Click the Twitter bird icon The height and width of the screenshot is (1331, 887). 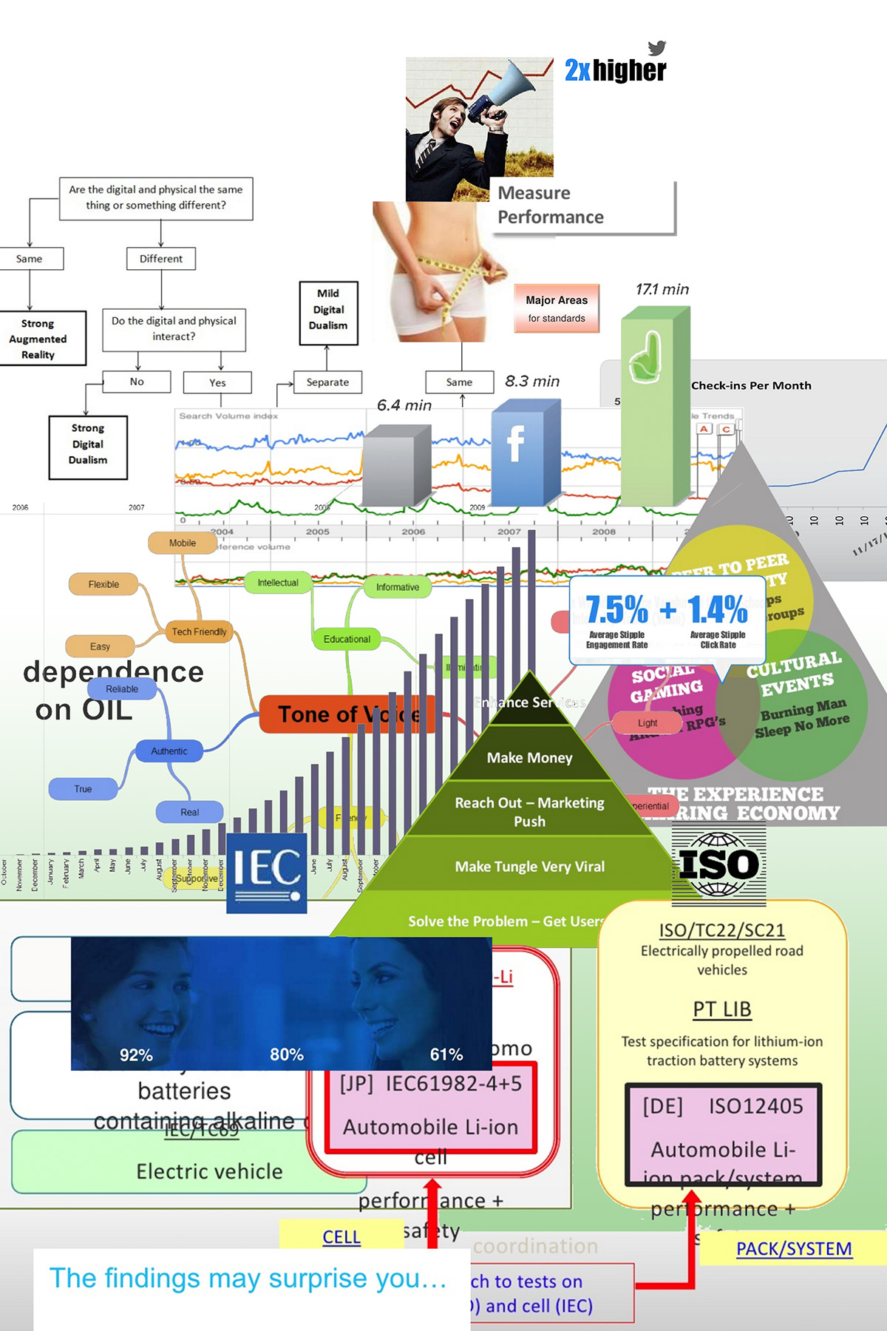[x=656, y=48]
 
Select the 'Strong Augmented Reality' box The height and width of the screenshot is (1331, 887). [x=38, y=339]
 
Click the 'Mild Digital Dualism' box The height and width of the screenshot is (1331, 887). [x=328, y=310]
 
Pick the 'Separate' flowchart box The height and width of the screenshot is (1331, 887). [x=327, y=382]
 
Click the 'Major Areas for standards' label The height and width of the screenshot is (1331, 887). [x=557, y=309]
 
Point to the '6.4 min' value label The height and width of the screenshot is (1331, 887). [x=404, y=405]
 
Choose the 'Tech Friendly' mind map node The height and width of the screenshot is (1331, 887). [x=199, y=631]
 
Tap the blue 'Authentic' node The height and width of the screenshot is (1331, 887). [x=169, y=751]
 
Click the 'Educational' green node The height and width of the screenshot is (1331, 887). [x=347, y=639]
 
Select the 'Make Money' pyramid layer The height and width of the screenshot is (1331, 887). [x=529, y=758]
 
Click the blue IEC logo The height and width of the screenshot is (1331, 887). [x=267, y=873]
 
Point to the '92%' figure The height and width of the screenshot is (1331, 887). [x=136, y=1055]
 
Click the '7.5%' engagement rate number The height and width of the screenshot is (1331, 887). [x=616, y=610]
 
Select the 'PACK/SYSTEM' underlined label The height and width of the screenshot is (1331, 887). [x=794, y=1249]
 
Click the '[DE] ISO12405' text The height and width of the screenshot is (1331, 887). [x=722, y=1106]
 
